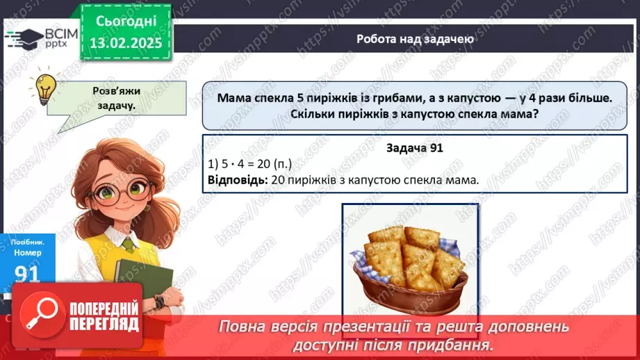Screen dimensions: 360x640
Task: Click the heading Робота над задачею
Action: tap(415, 39)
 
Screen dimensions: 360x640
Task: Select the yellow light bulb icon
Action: tap(46, 88)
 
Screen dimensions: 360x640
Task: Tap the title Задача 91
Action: tap(415, 148)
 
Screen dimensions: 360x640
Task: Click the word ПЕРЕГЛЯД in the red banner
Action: tap(105, 324)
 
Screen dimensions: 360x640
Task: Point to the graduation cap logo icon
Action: tap(22, 39)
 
